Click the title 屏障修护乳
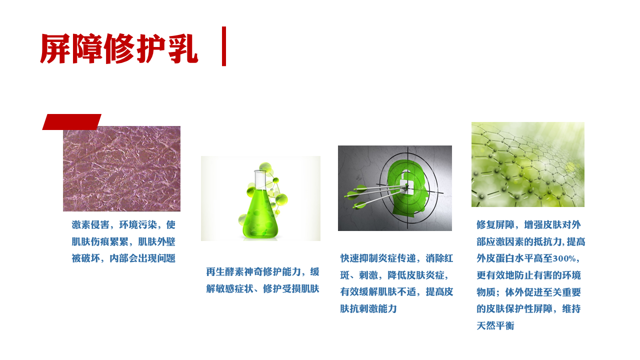[x=119, y=48]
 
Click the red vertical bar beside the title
[x=223, y=46]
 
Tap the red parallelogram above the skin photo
[x=71, y=122]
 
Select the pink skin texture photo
[x=121, y=168]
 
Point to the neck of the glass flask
[x=260, y=179]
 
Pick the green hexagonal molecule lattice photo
[x=527, y=164]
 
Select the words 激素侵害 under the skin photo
[x=90, y=225]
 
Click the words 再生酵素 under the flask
[x=225, y=271]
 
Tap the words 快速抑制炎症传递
[x=377, y=258]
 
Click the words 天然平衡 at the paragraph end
[x=495, y=325]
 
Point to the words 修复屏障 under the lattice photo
[x=495, y=225]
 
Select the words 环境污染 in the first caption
[x=138, y=225]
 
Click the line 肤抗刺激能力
[x=368, y=309]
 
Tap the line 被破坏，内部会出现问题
[x=123, y=258]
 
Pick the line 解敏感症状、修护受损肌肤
[x=262, y=289]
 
